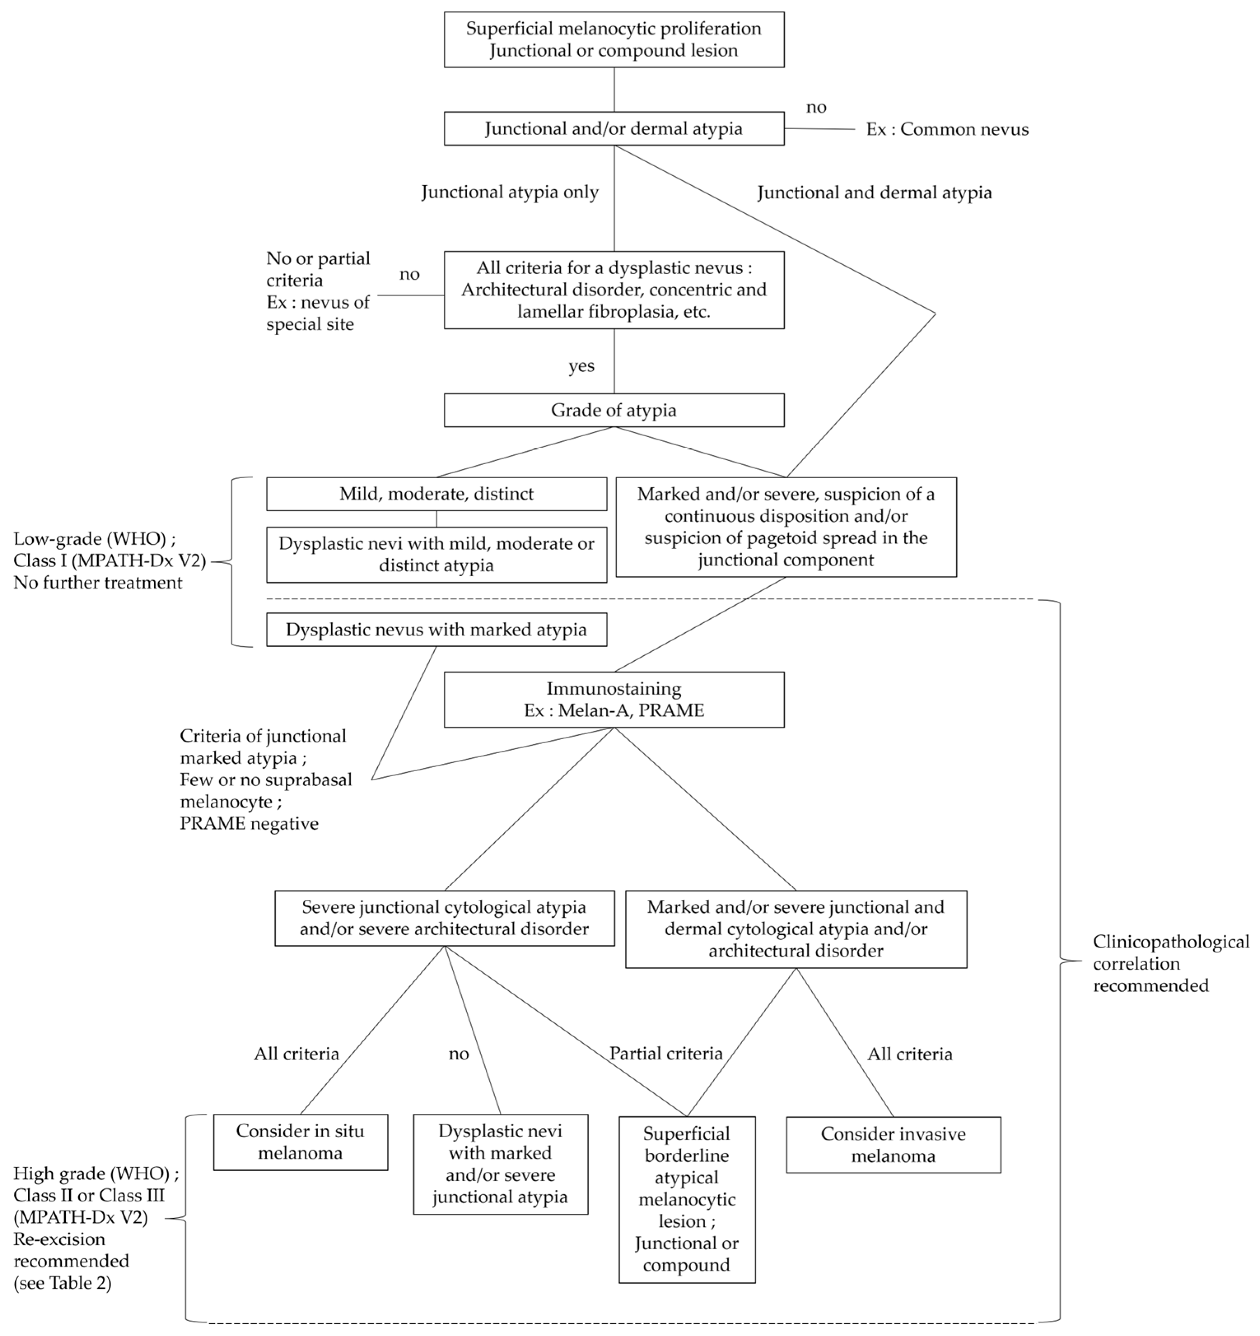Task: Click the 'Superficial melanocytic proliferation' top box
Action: tap(614, 40)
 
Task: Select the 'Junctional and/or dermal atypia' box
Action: tap(614, 128)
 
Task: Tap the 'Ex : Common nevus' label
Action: tap(947, 129)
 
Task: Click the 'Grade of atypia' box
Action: tap(614, 410)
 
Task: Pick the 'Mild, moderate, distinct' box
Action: tap(436, 494)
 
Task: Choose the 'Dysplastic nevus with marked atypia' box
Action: tap(436, 630)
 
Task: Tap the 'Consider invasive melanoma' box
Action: tap(893, 1145)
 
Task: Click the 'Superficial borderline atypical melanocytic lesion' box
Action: tap(687, 1199)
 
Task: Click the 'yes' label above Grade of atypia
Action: tap(581, 366)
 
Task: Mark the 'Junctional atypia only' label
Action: tap(510, 192)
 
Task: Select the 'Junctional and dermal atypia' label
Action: tap(874, 193)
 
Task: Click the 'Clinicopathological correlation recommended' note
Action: tap(1170, 963)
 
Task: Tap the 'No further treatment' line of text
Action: tap(98, 583)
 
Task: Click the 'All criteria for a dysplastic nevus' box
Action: tap(614, 290)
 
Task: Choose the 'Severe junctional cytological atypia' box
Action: tap(444, 918)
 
